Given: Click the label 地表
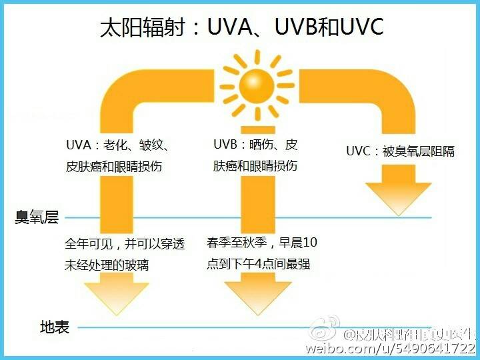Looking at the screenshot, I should [55, 327].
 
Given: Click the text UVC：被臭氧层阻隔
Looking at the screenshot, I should [400, 151].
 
